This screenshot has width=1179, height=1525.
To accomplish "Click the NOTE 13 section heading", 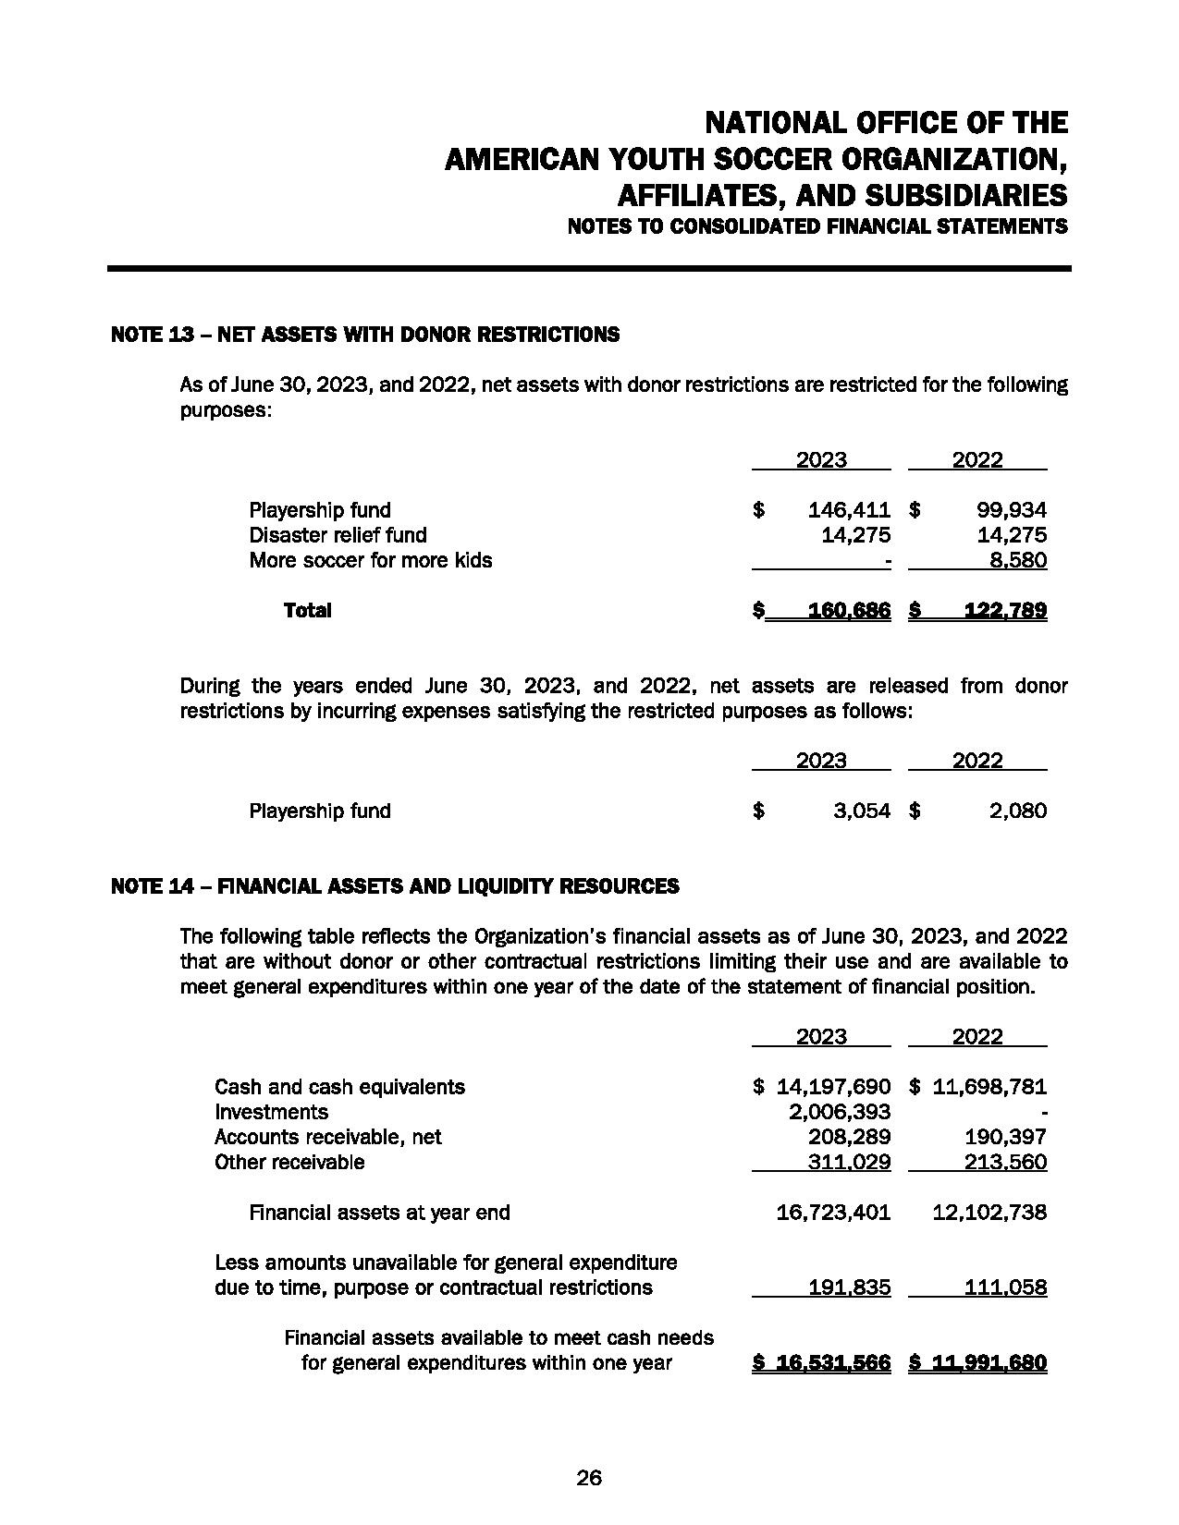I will pos(364,335).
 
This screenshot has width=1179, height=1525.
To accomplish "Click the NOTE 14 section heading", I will pos(395,886).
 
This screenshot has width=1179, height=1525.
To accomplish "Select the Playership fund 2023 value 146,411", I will pos(849,510).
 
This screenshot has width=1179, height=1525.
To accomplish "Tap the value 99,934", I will pos(1012,510).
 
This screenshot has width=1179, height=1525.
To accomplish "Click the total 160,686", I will pos(849,610).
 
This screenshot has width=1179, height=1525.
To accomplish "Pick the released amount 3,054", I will pos(861,811).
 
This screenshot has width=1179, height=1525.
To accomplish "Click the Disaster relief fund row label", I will pos(338,535).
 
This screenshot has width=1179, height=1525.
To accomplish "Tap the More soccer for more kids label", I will pos(370,560).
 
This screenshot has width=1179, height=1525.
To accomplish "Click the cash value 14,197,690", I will pos(829,1087).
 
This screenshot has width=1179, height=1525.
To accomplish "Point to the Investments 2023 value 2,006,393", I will pos(838,1112).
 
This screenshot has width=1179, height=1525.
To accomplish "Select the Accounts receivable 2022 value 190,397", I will pos(1005,1137).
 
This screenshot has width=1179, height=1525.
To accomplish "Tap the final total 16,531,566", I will pos(832,1363).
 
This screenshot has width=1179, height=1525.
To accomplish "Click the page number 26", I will pos(589,1478).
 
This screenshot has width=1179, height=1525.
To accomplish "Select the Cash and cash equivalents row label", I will pos(339,1087).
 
